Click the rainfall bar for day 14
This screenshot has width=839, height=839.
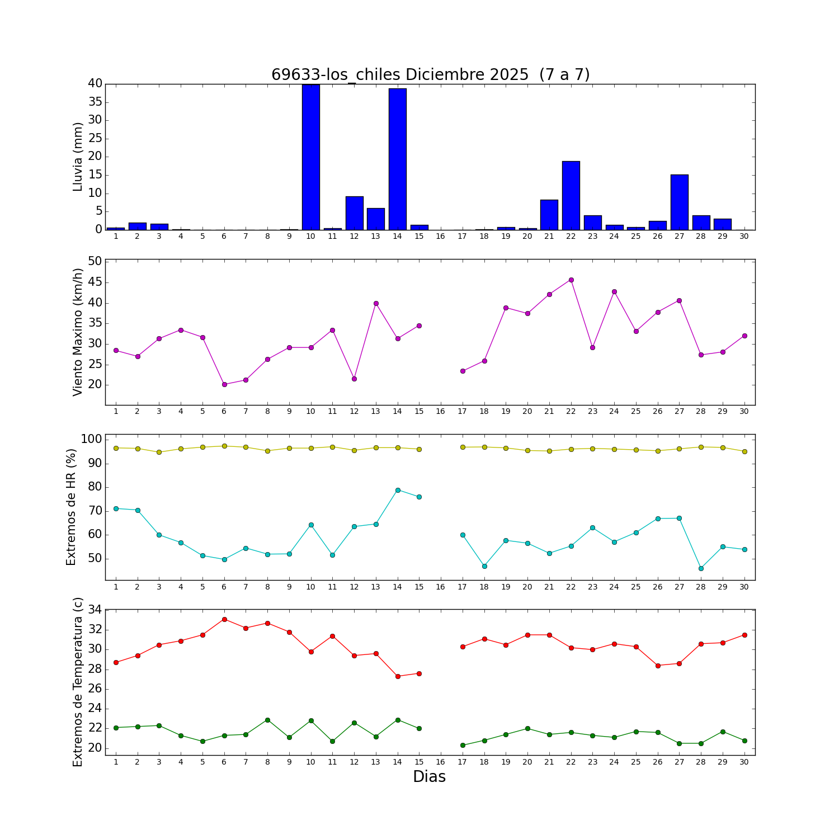[x=398, y=159]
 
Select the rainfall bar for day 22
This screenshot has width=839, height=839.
[x=571, y=195]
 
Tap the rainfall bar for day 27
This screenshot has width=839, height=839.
[x=679, y=202]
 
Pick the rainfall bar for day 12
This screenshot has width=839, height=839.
[x=354, y=213]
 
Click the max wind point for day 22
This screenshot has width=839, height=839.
[x=571, y=280]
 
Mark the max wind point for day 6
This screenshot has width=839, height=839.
[x=224, y=384]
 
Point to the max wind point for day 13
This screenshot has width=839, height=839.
[x=376, y=303]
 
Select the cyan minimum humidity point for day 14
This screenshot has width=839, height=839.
[x=398, y=490]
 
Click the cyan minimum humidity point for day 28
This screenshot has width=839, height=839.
[x=701, y=568]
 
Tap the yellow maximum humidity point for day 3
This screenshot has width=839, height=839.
[x=159, y=452]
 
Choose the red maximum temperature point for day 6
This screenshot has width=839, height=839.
[x=224, y=619]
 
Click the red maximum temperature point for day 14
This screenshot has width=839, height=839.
[x=398, y=676]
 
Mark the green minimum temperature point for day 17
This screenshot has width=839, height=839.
[x=463, y=745]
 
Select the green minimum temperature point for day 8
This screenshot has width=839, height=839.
[x=267, y=720]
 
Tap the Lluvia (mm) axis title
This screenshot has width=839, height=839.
[x=78, y=157]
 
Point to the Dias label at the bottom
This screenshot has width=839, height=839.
[x=429, y=776]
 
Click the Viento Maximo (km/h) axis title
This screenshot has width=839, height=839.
[x=78, y=332]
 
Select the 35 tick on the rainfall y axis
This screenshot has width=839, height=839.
[x=95, y=102]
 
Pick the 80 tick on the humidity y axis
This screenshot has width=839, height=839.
[x=96, y=487]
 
